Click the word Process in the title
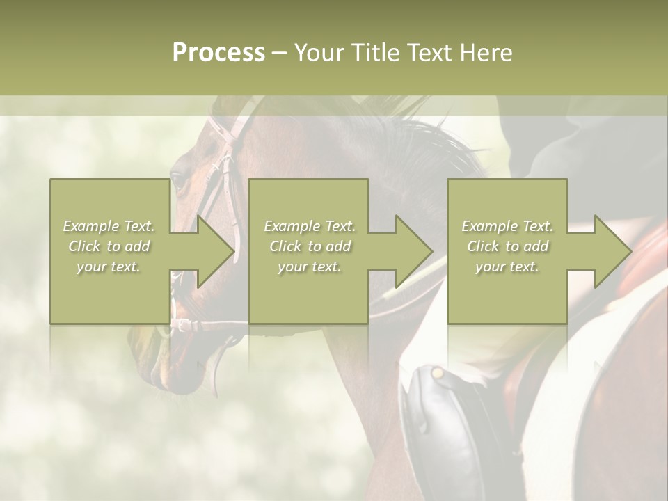[x=218, y=53]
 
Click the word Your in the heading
[x=319, y=53]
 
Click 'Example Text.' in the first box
[x=109, y=226]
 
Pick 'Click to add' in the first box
[x=109, y=246]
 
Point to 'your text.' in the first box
[x=109, y=267]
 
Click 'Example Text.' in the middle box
[x=310, y=226]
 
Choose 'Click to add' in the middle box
[x=310, y=246]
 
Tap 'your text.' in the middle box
[x=310, y=267]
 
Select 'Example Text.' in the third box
[x=507, y=226]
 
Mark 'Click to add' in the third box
[x=507, y=246]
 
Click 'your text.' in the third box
[x=507, y=267]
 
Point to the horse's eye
[x=178, y=182]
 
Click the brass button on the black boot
[x=437, y=374]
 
